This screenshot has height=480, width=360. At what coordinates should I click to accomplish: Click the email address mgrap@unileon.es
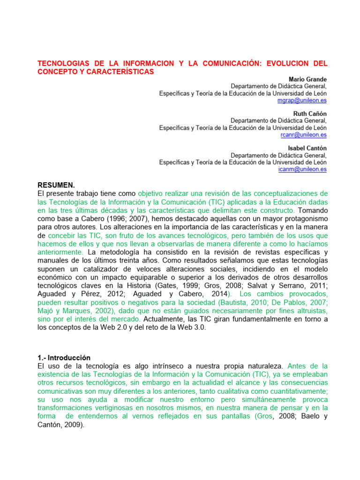coord(302,100)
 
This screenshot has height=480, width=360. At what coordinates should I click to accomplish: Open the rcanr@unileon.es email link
coord(304,135)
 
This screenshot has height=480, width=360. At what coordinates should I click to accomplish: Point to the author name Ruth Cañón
coord(310,113)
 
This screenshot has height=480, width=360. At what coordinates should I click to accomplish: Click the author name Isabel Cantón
coord(307,148)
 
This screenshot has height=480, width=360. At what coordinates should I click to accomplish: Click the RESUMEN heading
coord(56,185)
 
